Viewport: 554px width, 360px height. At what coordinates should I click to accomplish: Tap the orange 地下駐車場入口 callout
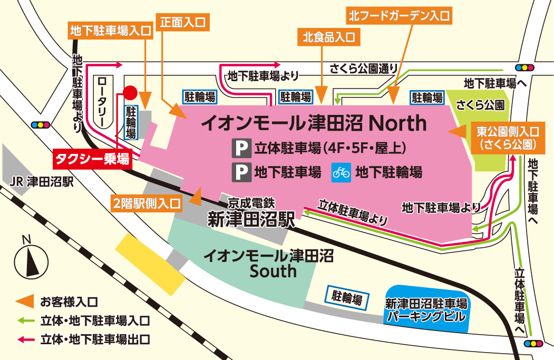point(110,31)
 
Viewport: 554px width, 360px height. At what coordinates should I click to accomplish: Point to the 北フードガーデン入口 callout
point(399,16)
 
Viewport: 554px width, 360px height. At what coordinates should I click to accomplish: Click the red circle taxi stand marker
point(130,93)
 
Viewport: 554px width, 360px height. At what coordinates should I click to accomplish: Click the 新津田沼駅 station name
point(250,218)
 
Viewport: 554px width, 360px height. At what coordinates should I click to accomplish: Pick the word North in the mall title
point(397,123)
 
